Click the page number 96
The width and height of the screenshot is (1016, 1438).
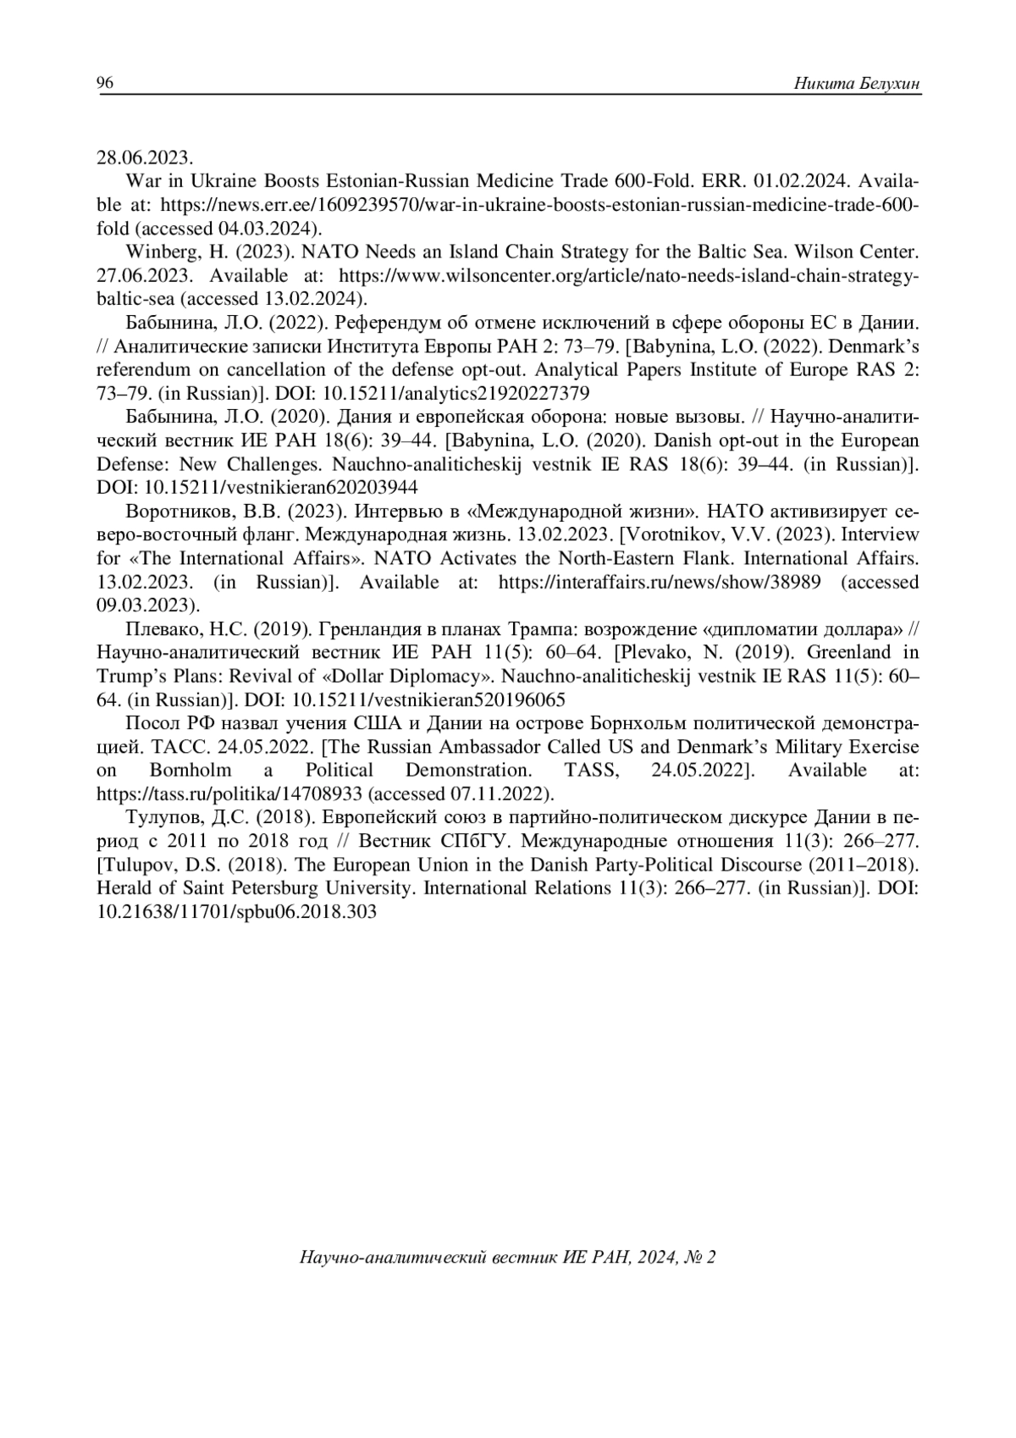coord(105,83)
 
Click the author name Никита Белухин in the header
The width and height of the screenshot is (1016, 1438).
coord(857,83)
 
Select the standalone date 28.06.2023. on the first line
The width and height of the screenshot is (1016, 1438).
coord(146,158)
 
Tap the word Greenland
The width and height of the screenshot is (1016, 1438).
coord(875,653)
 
